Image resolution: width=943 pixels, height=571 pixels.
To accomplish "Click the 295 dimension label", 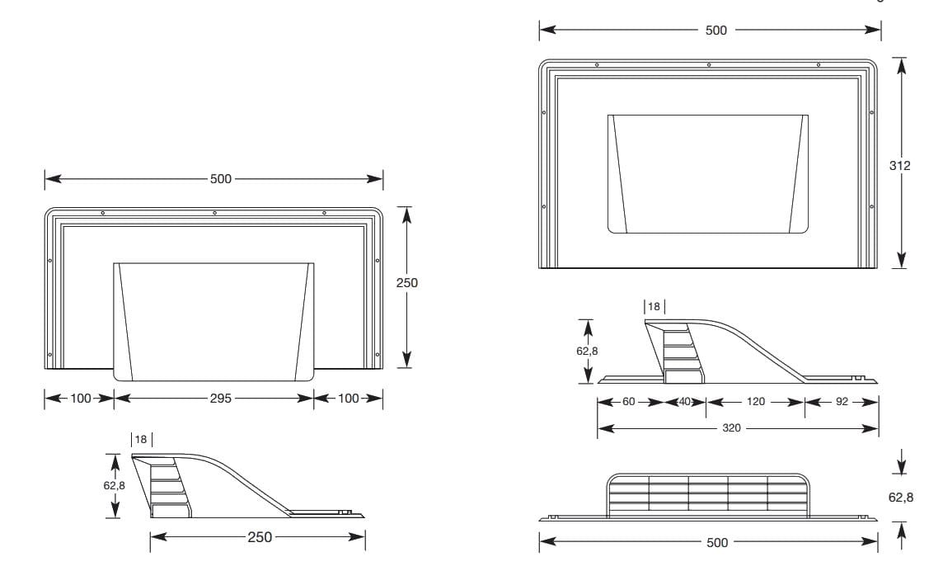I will click(x=220, y=398).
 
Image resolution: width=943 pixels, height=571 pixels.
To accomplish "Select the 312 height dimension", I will click(x=900, y=166).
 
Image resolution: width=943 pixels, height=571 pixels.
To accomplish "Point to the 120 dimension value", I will click(x=755, y=402).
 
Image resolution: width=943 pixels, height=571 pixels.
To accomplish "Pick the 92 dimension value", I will click(x=841, y=402).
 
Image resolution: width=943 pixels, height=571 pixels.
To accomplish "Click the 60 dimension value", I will click(x=629, y=402).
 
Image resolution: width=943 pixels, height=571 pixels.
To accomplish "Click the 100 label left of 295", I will click(x=80, y=398).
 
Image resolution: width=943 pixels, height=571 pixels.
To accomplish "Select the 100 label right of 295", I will click(x=348, y=398).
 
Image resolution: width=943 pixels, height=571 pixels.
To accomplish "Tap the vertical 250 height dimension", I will click(x=406, y=282).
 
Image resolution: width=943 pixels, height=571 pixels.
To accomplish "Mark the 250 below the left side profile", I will click(x=259, y=537).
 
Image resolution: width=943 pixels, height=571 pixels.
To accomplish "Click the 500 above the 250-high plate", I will click(x=221, y=178).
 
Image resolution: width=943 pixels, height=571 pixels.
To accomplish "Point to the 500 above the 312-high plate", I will click(x=716, y=31).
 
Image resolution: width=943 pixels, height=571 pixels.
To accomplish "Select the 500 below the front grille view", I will click(x=716, y=542).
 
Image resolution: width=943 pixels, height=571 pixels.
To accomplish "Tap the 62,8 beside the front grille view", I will click(x=900, y=498).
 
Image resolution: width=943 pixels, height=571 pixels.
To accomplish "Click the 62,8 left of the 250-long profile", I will click(x=115, y=486).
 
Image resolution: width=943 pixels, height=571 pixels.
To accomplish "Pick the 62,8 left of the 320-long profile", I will click(x=587, y=351).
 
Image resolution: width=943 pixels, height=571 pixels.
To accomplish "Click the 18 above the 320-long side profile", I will click(x=654, y=306).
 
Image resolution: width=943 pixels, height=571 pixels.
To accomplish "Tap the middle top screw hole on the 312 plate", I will click(x=709, y=64).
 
